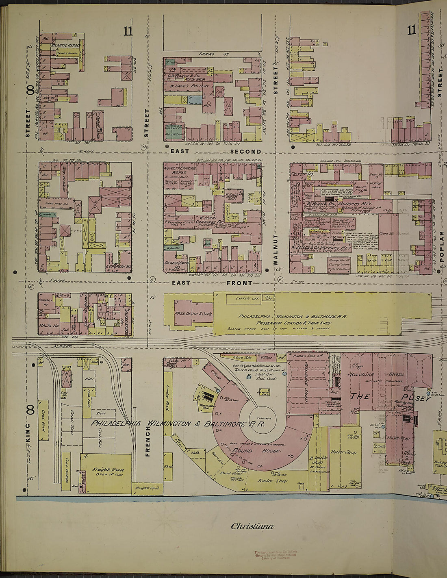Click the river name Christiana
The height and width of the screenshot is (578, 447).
point(252,526)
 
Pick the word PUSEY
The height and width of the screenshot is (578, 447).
point(416,398)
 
